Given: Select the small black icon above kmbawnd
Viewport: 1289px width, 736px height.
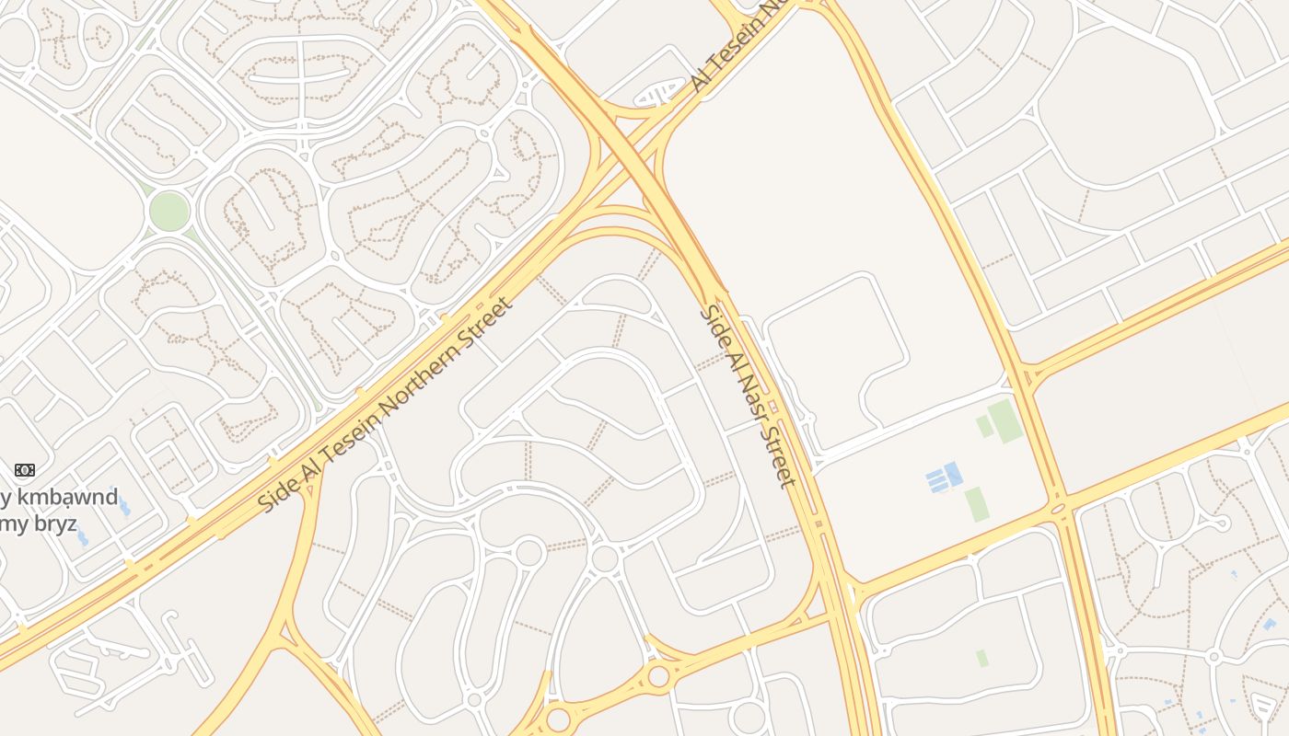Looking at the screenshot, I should (25, 470).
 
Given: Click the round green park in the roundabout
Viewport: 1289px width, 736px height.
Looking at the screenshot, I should (169, 211).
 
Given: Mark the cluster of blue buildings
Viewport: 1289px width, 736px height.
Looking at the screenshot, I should (945, 477).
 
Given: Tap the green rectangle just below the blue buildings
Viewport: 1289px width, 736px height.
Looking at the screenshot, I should (975, 504).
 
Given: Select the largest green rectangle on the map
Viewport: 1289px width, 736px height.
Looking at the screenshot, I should (1005, 420).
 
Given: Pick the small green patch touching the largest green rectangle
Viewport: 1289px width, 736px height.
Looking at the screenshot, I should (984, 426).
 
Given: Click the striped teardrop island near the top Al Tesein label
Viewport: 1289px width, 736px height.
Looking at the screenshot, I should (661, 94).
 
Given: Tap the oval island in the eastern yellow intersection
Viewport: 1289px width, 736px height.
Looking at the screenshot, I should (1058, 508).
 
